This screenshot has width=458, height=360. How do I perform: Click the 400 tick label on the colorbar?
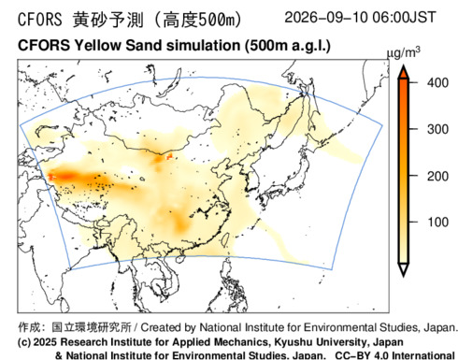tap(437, 83)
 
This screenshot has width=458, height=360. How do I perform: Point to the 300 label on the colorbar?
tap(437, 129)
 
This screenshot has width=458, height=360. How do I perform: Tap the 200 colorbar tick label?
tap(437, 177)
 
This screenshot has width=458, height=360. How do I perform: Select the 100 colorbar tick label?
tap(437, 223)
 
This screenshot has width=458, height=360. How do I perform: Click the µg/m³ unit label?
tap(404, 53)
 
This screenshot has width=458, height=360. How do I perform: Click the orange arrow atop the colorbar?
tap(404, 72)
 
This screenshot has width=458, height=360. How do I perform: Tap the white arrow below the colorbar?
tap(404, 269)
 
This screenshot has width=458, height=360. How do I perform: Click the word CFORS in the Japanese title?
tap(40, 20)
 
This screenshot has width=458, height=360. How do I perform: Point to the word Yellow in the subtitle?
tap(97, 46)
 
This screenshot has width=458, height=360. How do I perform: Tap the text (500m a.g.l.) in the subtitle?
tap(287, 46)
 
